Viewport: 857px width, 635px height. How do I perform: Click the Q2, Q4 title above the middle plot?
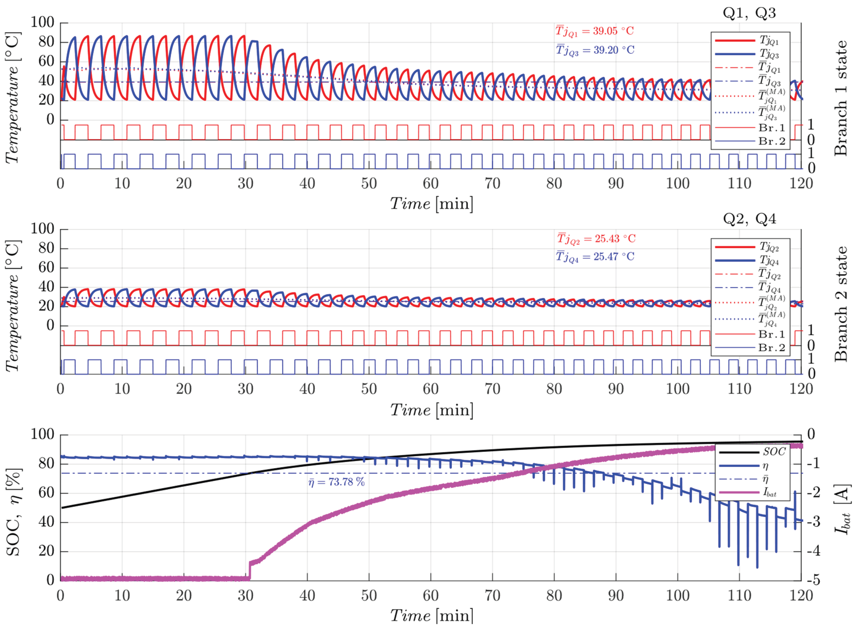(x=749, y=219)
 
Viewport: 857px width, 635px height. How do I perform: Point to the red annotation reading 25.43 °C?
(x=596, y=239)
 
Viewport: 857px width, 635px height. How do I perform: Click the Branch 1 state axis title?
(x=840, y=98)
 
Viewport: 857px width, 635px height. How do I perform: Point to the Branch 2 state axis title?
(x=840, y=304)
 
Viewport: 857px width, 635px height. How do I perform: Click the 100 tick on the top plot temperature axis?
(x=42, y=22)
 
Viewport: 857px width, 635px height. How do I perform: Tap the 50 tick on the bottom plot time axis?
(x=369, y=595)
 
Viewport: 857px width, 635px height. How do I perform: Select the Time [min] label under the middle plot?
(x=431, y=410)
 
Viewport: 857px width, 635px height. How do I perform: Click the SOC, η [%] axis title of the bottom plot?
(x=13, y=512)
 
